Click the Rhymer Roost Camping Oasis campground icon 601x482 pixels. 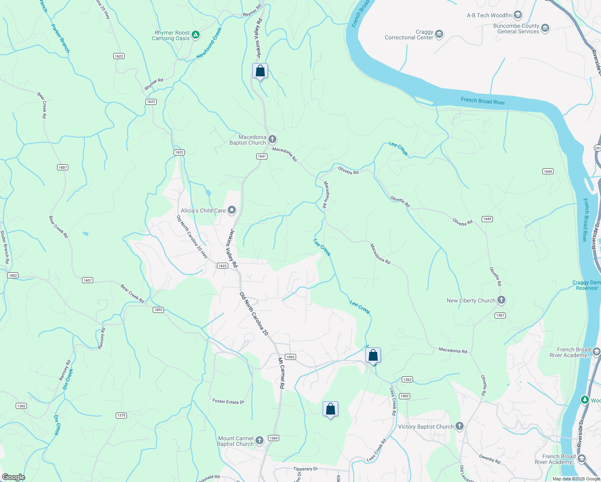(196, 35)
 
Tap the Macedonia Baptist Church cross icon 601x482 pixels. (272, 139)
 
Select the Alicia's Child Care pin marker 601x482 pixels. (232, 210)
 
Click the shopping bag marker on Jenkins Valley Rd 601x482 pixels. (260, 71)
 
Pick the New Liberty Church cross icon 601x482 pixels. (501, 300)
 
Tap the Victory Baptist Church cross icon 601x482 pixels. (460, 426)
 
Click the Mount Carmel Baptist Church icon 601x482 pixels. (260, 441)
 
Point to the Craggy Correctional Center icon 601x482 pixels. (439, 34)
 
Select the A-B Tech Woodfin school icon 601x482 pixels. (518, 15)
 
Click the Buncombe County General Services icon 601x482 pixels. (545, 28)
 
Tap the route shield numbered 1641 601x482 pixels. (262, 156)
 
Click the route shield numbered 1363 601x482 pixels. (407, 379)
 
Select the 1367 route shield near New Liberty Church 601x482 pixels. (500, 315)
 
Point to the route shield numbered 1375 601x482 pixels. (121, 415)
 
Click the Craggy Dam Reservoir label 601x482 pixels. (587, 285)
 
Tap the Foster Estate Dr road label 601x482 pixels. (228, 401)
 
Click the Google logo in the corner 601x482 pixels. (14, 477)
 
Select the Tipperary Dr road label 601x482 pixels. (305, 469)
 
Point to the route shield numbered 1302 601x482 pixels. (21, 406)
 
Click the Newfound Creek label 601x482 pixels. (209, 43)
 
